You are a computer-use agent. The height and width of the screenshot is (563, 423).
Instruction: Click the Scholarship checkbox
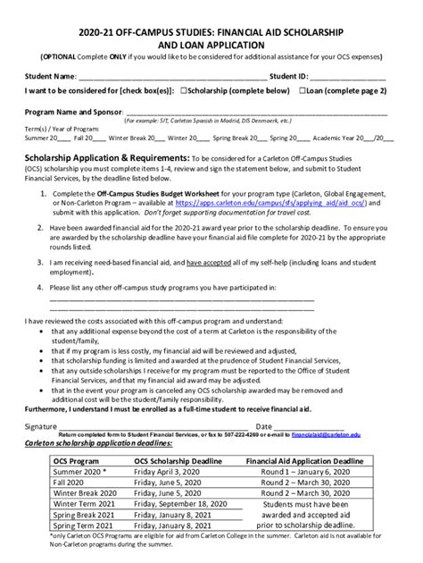coord(183,90)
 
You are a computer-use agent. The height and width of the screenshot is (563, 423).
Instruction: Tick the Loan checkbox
coord(303,90)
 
